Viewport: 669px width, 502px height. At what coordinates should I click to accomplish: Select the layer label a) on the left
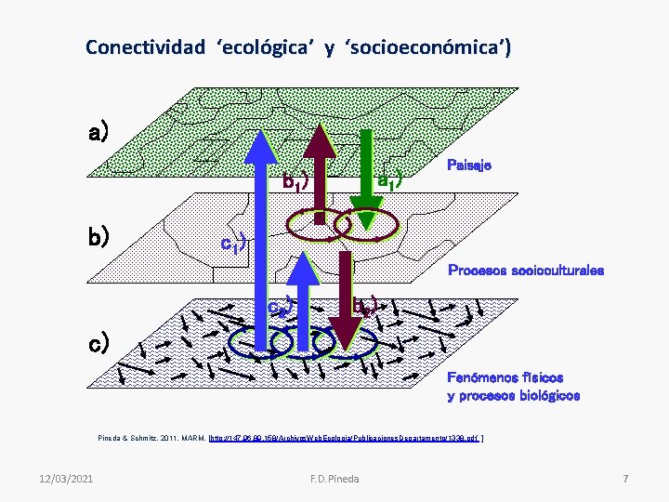98,133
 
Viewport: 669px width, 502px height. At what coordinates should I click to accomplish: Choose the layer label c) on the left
98,342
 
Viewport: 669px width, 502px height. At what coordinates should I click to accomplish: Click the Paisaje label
469,165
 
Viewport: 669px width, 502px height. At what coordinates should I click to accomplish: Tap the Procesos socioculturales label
526,271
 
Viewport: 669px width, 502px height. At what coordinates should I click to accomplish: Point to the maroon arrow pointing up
322,167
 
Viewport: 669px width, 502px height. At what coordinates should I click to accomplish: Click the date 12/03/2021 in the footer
67,478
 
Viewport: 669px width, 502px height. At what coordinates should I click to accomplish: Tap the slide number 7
625,478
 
